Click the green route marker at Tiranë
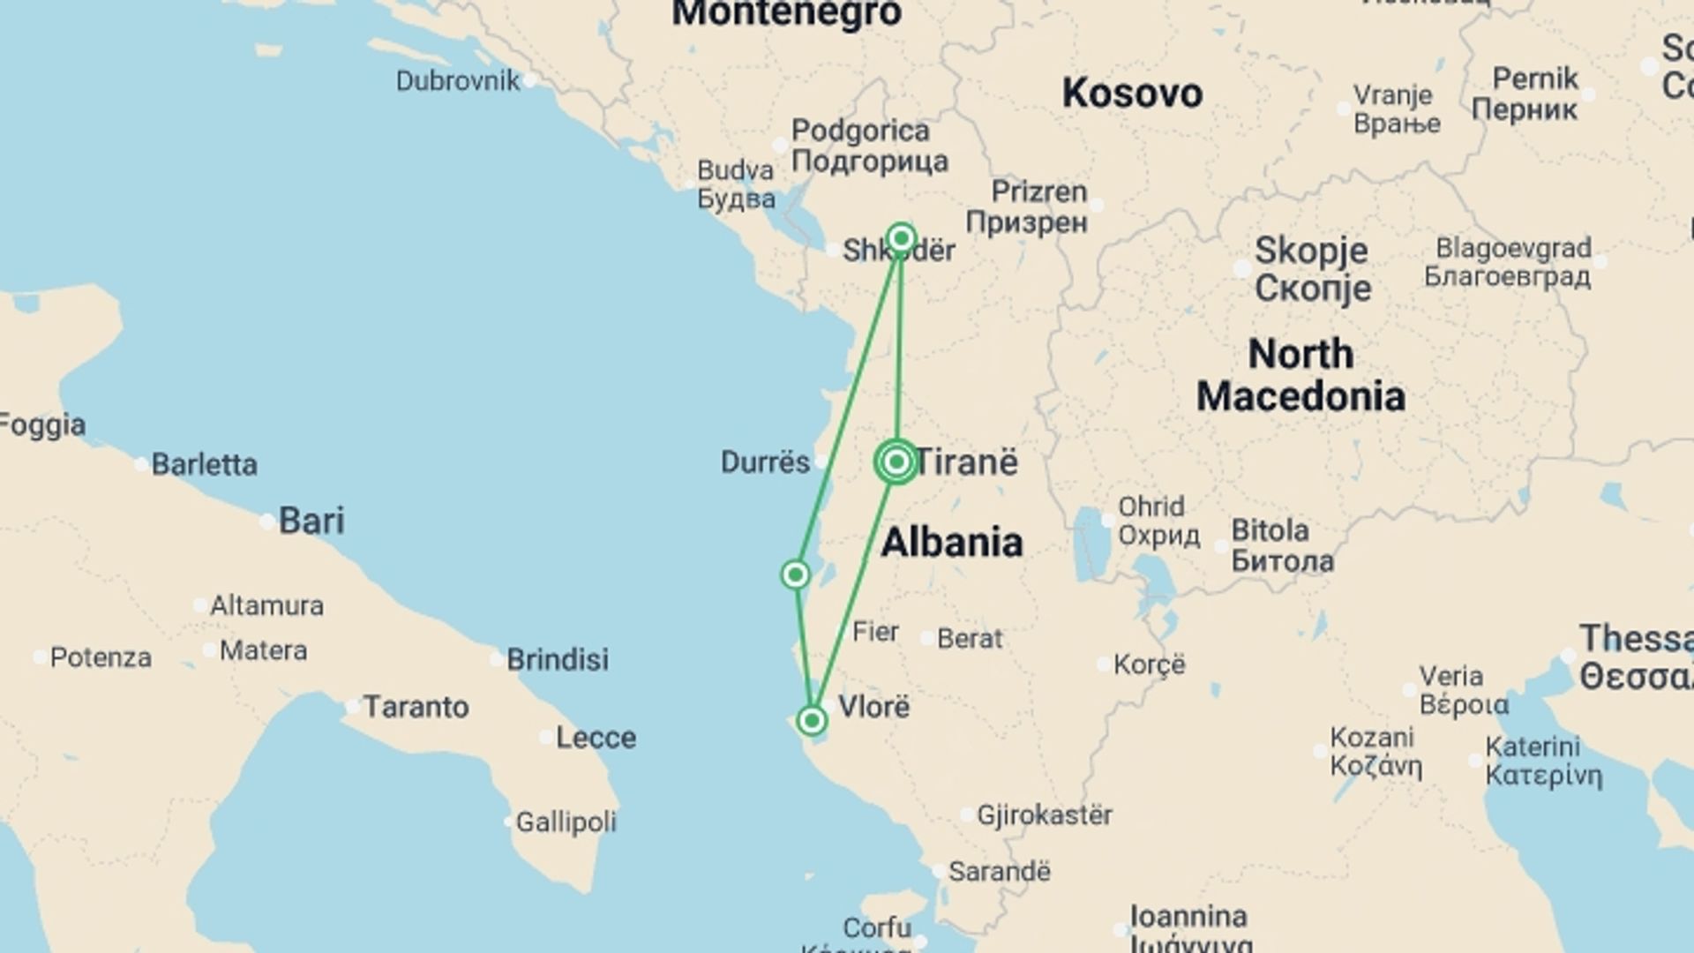[x=896, y=461]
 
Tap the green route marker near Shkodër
[x=901, y=238]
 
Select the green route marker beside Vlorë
[x=812, y=721]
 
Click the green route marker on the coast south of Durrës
[x=795, y=575]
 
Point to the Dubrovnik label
[x=458, y=81]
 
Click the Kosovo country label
[x=1132, y=94]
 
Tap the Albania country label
[x=952, y=542]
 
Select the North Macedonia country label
[x=1300, y=375]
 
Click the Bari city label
[x=311, y=521]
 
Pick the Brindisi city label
[x=557, y=659]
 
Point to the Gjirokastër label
[x=1044, y=814]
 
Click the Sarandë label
[x=999, y=872]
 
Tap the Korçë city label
[x=1149, y=664]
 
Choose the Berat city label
[x=970, y=638]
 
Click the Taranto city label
[x=416, y=707]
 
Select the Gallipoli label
[x=566, y=822]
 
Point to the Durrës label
[x=765, y=461]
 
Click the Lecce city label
[x=596, y=738]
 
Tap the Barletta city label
[x=204, y=464]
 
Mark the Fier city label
[x=875, y=632]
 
